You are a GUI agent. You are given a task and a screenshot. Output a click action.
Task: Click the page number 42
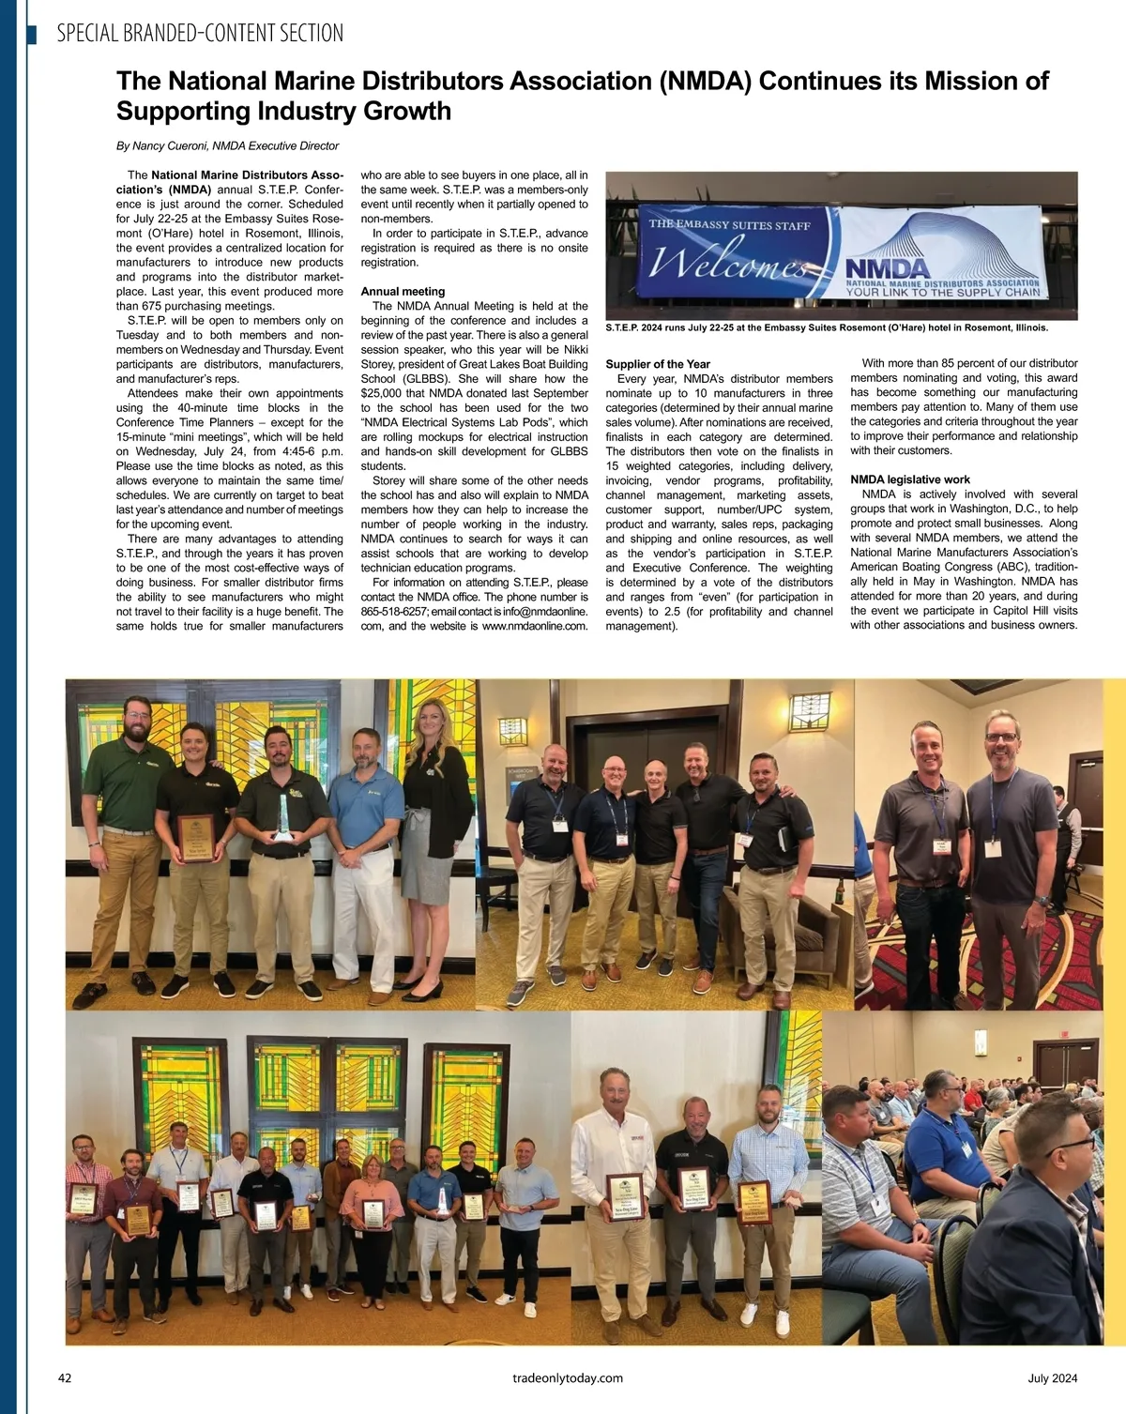point(65,1378)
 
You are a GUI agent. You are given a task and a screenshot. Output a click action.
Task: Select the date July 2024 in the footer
point(1052,1378)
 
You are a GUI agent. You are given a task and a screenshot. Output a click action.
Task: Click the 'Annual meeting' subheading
point(403,292)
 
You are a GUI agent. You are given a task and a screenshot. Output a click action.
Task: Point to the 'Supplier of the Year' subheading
point(658,364)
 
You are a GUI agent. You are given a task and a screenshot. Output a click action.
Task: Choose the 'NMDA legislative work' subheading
point(910,479)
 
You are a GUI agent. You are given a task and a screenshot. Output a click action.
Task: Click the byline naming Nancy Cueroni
point(227,146)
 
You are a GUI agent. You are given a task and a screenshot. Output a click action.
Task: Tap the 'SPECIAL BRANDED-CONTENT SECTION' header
point(200,34)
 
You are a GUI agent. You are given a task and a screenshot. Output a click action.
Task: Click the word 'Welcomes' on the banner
point(727,263)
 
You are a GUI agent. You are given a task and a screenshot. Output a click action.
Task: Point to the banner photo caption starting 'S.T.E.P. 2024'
point(827,328)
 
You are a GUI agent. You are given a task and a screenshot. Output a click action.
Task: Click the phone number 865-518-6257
point(393,612)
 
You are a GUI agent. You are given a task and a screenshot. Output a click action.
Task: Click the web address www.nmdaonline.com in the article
point(535,626)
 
